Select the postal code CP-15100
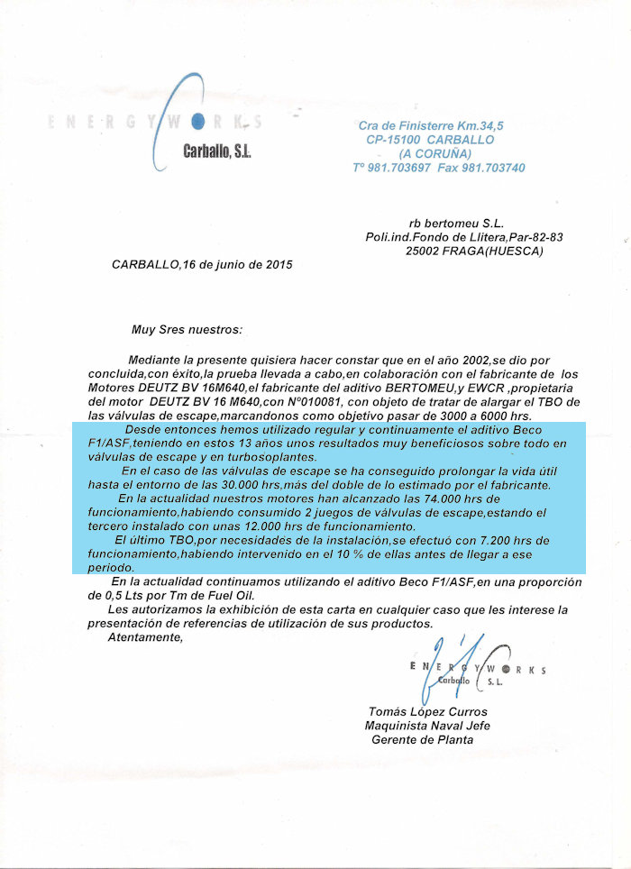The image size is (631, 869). [x=393, y=140]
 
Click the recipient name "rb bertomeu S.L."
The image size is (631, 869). [x=456, y=222]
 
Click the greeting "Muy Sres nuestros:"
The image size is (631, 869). [x=187, y=331]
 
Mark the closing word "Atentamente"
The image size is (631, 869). [x=144, y=637]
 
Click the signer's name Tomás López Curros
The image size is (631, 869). [x=426, y=711]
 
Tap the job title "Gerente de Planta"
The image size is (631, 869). [x=422, y=740]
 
